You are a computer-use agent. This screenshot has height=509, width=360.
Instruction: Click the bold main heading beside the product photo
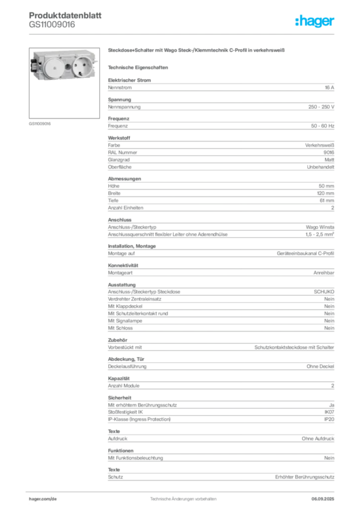196,51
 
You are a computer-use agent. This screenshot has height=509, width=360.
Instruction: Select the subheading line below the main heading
139,67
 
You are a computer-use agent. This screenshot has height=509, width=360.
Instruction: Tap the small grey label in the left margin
40,123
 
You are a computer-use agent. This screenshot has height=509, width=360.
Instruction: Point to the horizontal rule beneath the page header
182,34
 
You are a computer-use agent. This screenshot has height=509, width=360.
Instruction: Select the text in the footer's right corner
324,496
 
